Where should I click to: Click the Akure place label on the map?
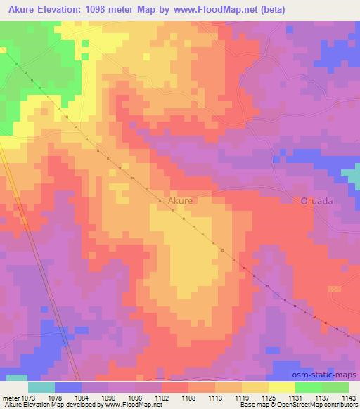(180, 200)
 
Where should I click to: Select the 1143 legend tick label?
(349, 397)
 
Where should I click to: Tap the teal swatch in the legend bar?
(41, 387)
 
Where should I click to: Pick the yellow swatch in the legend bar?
(282, 387)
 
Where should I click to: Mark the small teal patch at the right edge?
(351, 176)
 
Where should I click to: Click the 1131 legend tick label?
(296, 397)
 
